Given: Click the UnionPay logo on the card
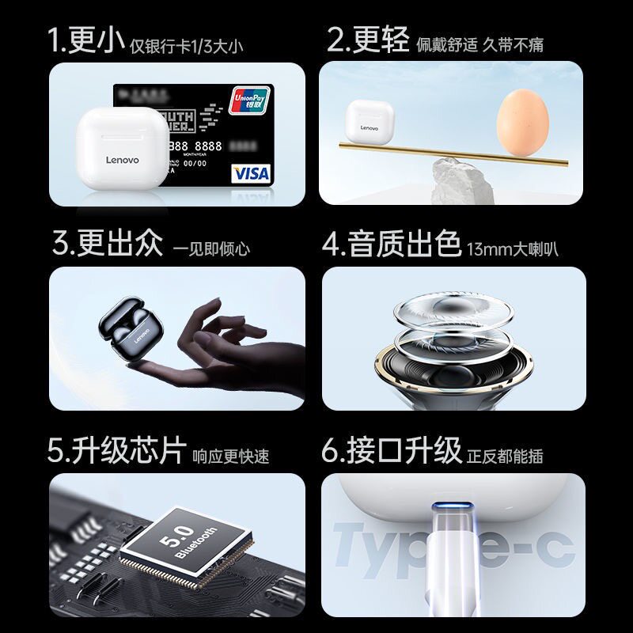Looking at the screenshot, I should click(249, 100).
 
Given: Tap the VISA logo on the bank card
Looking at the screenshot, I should click(251, 172).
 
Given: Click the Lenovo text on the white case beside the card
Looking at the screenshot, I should click(122, 160).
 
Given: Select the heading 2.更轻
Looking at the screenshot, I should click(369, 41).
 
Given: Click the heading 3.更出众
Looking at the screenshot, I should click(108, 244).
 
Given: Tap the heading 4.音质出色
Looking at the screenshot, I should click(392, 244).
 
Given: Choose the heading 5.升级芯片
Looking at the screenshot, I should click(117, 451).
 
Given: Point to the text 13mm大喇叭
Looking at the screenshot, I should click(513, 249).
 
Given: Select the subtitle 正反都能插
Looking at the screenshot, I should click(506, 456).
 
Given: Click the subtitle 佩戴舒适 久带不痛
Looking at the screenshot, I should click(480, 45).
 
